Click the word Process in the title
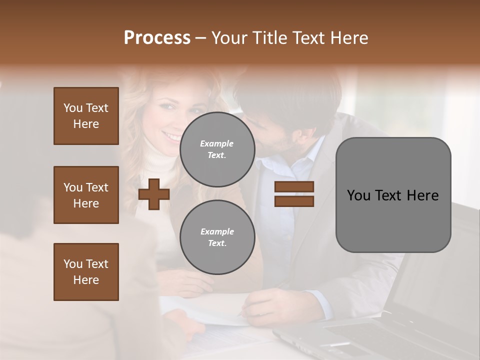(157, 38)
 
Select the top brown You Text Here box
(86, 116)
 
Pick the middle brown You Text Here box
(86, 195)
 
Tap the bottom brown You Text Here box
(86, 272)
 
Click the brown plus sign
(154, 194)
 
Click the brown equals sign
(294, 194)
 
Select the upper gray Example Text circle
(217, 149)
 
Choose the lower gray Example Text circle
(217, 237)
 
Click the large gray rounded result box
(393, 195)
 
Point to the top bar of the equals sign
(294, 187)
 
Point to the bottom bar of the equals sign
(294, 201)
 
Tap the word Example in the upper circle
(217, 143)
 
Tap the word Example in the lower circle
(217, 231)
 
